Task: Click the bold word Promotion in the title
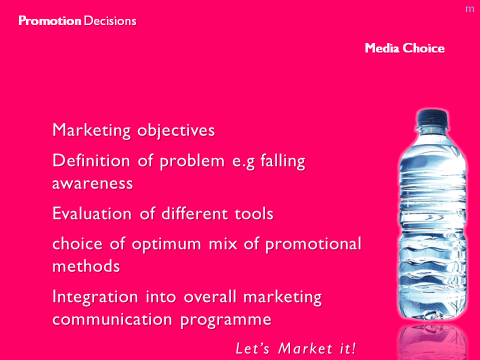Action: pos(49,21)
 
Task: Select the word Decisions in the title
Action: pos(110,21)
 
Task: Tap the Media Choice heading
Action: pos(404,48)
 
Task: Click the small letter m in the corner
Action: pos(469,9)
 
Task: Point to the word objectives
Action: pos(176,130)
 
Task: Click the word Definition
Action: pos(91,160)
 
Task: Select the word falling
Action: pos(283,161)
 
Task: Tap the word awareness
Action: pos(92,183)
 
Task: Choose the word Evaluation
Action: pos(92,213)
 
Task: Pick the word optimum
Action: pos(166,244)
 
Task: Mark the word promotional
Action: pos(313,244)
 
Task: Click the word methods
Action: pos(86,265)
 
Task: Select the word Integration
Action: pos(95,297)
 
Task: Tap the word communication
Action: pos(112,319)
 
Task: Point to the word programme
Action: pos(226,320)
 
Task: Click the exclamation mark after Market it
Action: pos(353,348)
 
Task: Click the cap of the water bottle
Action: pos(432,117)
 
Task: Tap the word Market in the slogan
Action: pos(305,348)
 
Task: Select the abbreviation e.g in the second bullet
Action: pos(243,161)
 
